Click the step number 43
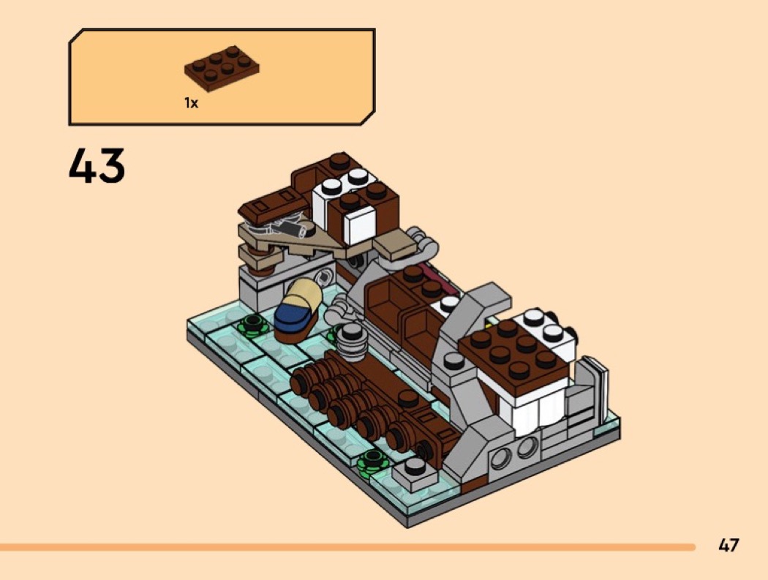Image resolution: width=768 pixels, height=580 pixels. click(97, 166)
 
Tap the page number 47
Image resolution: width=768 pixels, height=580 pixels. click(729, 545)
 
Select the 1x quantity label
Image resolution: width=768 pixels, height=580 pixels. click(191, 103)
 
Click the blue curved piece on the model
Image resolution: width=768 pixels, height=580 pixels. click(293, 316)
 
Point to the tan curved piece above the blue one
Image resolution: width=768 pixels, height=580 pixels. click(304, 292)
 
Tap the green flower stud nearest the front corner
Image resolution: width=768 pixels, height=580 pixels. click(373, 463)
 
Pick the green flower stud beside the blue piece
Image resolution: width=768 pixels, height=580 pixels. click(253, 325)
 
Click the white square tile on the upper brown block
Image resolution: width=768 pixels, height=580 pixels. click(359, 225)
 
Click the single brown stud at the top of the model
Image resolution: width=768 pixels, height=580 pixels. click(339, 161)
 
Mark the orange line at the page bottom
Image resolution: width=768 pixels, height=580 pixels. click(347, 546)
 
